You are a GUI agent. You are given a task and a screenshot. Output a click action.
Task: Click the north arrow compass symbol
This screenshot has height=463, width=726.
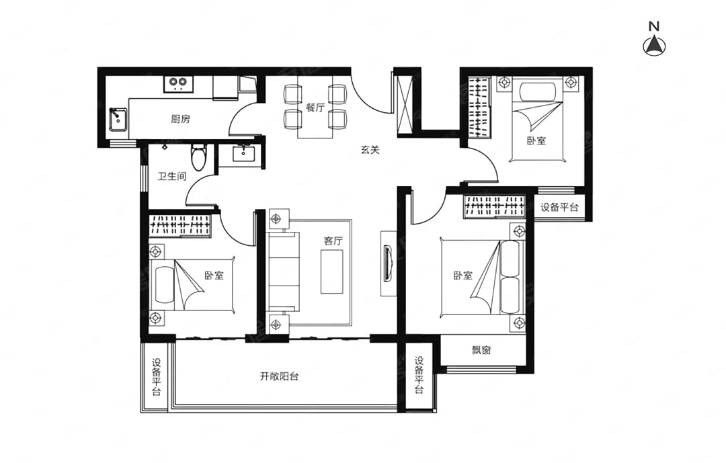click(x=654, y=46)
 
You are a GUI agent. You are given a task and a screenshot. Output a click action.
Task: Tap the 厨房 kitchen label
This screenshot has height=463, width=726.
click(x=180, y=119)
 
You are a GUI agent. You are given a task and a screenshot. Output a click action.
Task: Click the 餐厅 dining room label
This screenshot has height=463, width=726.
click(x=315, y=107)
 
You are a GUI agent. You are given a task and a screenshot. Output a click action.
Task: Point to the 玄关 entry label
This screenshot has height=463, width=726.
click(x=370, y=150)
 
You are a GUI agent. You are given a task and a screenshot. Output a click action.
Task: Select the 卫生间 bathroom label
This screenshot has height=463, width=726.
click(x=172, y=177)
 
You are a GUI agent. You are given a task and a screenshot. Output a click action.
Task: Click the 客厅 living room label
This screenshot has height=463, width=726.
click(x=333, y=241)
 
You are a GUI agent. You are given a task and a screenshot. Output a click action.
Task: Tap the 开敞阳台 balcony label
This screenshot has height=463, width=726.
click(x=279, y=376)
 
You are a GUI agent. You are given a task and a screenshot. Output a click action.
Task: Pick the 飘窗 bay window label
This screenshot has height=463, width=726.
click(x=481, y=350)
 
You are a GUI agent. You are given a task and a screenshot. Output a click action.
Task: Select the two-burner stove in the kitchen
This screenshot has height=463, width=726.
click(x=177, y=83)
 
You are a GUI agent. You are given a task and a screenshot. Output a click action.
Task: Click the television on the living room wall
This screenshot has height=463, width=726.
click(x=389, y=263)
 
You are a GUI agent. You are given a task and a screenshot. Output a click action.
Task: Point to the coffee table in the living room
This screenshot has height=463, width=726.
click(x=332, y=271)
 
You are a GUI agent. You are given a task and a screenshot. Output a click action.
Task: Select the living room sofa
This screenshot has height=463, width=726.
click(x=284, y=271)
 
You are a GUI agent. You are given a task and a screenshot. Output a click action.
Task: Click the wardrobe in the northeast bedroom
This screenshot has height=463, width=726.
click(x=479, y=106)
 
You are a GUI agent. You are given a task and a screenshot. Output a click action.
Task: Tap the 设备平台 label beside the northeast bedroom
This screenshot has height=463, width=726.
click(x=559, y=207)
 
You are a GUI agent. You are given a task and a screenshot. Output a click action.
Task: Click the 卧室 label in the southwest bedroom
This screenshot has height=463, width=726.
click(x=214, y=276)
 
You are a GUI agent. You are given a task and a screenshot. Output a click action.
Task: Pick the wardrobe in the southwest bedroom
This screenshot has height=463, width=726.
click(x=180, y=226)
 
